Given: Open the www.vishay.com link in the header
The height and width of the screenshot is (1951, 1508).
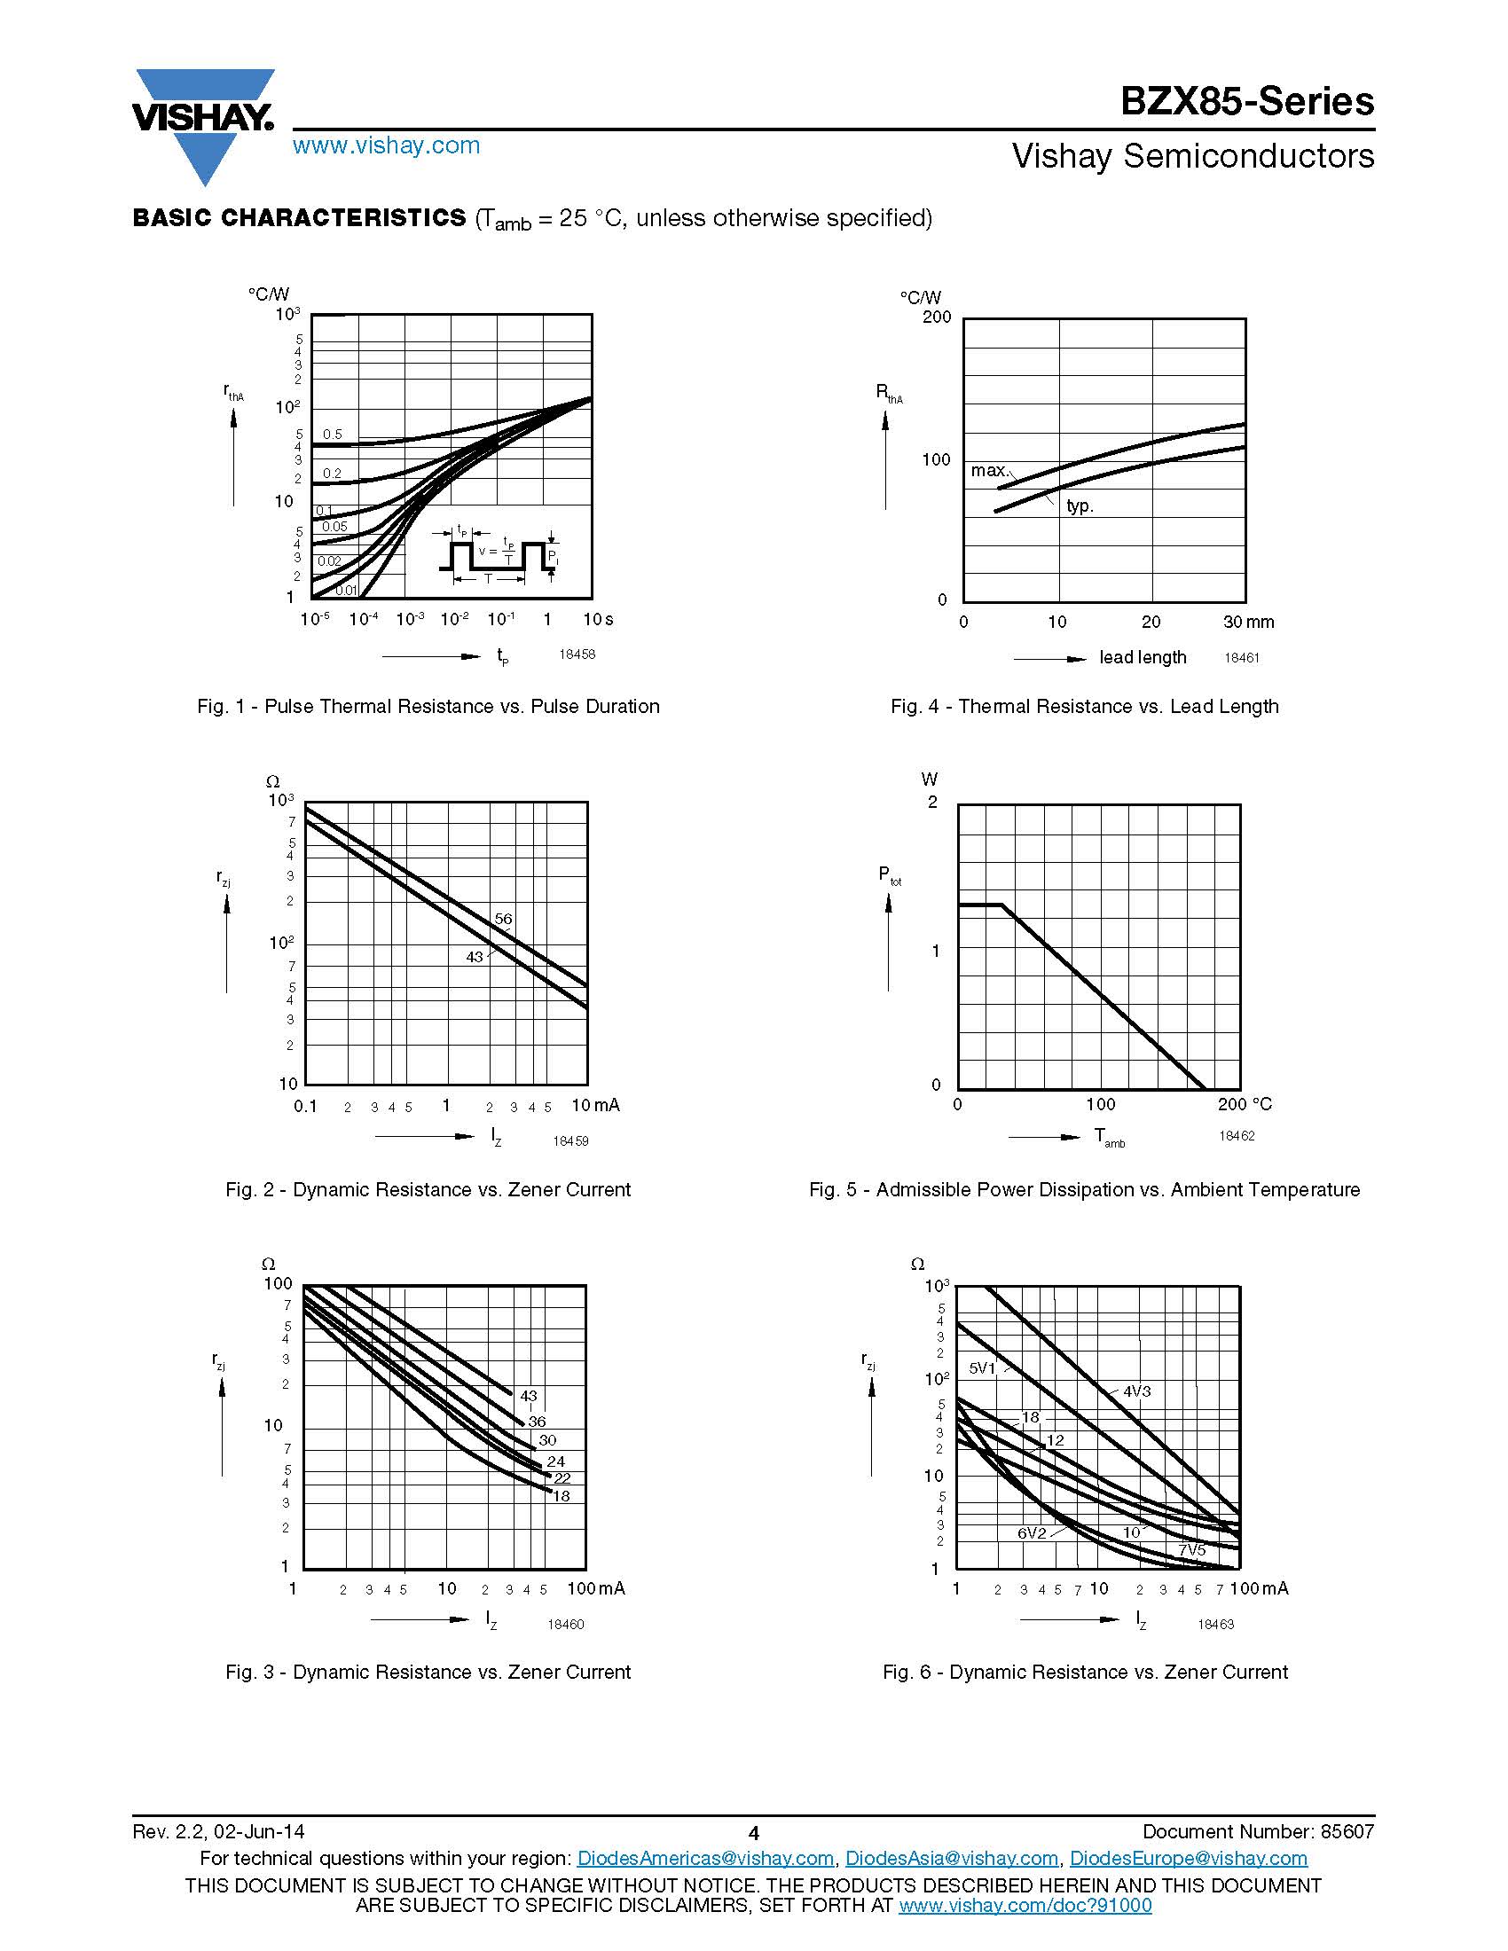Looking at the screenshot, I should pos(386,145).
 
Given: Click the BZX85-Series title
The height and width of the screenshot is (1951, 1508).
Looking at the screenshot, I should pos(1247,101).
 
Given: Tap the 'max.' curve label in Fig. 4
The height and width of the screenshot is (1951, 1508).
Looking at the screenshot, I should pos(989,470).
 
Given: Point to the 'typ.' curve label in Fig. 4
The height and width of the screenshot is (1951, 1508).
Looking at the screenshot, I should pos(1080,505).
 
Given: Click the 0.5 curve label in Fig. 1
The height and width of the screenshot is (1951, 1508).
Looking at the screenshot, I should pos(333,435).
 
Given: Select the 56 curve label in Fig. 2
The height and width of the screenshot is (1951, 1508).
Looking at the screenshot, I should pos(503,919).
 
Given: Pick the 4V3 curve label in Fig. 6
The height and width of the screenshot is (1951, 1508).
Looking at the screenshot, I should pos(1136,1391).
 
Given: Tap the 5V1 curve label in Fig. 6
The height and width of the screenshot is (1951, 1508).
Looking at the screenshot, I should pos(982,1367).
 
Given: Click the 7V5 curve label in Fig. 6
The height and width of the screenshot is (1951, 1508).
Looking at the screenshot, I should pos(1191,1550).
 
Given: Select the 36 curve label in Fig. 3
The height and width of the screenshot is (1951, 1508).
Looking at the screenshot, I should pos(536,1422).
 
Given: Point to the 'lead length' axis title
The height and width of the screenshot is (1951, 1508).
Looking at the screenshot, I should pos(1143,657).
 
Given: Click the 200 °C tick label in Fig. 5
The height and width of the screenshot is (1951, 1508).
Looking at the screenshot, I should pos(1245,1104).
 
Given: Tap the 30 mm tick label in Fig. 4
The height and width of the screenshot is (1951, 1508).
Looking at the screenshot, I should pos(1248,622).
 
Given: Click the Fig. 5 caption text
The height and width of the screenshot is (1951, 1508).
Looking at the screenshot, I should pos(1084,1189).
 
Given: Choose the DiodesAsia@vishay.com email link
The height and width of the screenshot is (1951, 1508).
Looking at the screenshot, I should pos(952,1858).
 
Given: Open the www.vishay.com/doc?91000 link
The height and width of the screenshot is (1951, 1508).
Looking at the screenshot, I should pos(1025,1905).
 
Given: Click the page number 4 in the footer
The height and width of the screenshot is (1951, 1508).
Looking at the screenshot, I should pos(753,1833).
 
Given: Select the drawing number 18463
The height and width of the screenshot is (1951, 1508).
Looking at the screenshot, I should pos(1215,1624).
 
